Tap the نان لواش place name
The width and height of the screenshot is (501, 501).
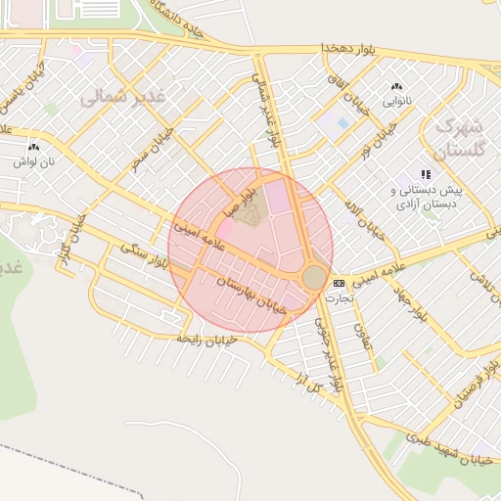[x=33, y=160]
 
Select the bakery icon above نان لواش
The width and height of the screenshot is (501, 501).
[x=33, y=147]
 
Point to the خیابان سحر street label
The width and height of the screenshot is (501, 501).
[x=155, y=148]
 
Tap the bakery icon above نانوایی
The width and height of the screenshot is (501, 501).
[x=396, y=87]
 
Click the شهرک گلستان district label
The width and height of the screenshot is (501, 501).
[x=457, y=138]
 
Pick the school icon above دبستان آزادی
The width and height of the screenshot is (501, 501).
[x=425, y=174]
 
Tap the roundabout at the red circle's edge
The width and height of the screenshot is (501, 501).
[x=314, y=278]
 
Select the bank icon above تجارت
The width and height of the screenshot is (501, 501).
[x=339, y=283]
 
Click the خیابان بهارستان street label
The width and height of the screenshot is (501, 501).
[x=252, y=294]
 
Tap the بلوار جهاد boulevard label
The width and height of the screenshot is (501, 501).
[x=411, y=302]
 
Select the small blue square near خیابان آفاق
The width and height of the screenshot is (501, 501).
[x=342, y=124]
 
